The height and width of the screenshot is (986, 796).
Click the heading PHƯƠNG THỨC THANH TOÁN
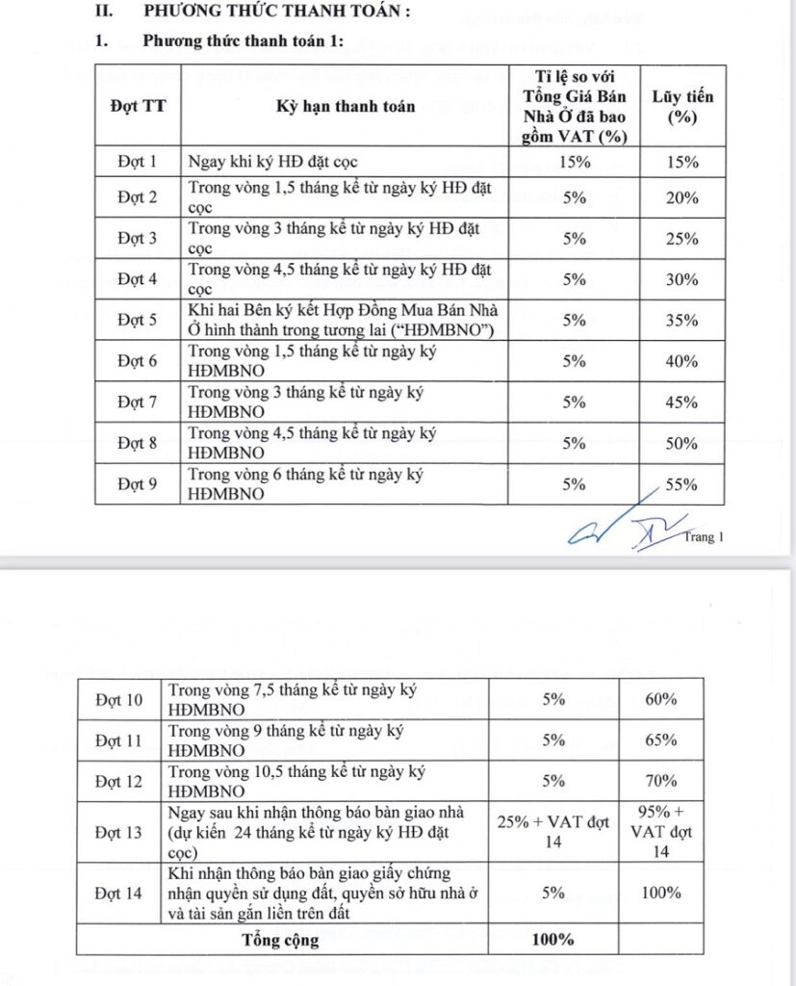coord(276,12)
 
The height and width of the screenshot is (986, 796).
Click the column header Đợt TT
coord(137,106)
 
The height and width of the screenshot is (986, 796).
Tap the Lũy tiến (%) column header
coord(682,106)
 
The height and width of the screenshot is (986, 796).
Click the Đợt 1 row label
coord(137,162)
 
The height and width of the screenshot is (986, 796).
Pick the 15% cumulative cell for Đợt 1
coord(682,162)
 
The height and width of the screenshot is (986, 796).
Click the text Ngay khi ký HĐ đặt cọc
coord(278,162)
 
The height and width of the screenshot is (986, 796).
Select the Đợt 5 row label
coord(137,320)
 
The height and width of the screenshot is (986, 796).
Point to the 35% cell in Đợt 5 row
coord(682,320)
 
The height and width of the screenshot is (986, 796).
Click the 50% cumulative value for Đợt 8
coord(682,443)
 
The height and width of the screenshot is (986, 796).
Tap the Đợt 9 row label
coord(137,484)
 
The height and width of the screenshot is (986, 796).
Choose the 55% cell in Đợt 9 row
coord(682,484)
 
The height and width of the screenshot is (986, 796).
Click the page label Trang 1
coord(700,537)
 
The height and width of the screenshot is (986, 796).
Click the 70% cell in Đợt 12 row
coord(661,781)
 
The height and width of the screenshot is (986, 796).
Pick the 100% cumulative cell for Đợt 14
coord(661,893)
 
